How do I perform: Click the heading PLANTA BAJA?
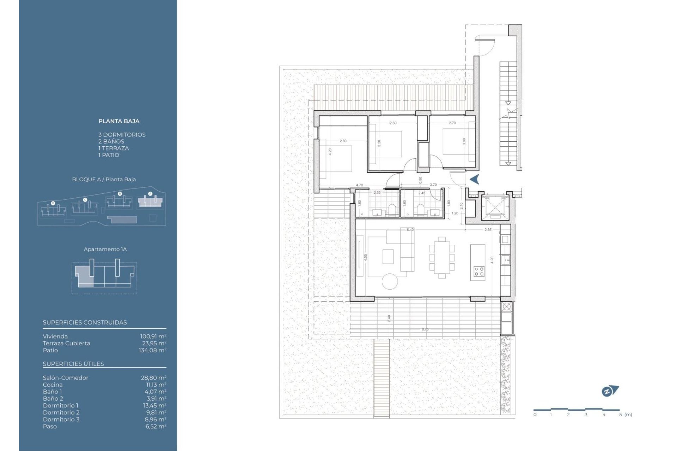click(119, 121)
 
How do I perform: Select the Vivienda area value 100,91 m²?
click(153, 336)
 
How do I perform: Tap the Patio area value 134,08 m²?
click(152, 350)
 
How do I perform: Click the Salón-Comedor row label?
click(66, 378)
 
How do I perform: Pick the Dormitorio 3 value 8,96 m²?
click(155, 419)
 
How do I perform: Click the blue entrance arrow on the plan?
click(475, 179)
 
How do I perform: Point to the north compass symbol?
click(610, 391)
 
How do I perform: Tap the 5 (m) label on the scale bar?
click(626, 415)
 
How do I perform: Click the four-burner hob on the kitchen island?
click(479, 271)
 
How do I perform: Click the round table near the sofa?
click(390, 281)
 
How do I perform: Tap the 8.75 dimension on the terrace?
click(425, 329)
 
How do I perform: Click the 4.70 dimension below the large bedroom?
click(359, 185)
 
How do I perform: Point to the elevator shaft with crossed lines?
click(495, 207)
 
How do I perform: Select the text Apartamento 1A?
click(105, 249)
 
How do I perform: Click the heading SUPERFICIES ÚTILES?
click(73, 364)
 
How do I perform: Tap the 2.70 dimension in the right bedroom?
click(452, 123)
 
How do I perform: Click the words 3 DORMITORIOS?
click(122, 135)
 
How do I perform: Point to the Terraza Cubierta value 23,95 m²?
click(154, 343)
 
